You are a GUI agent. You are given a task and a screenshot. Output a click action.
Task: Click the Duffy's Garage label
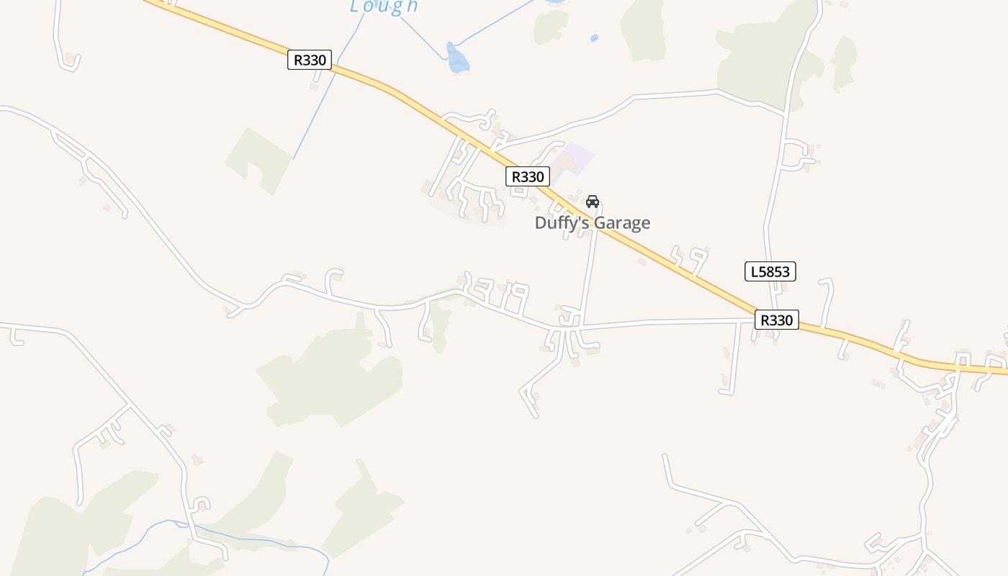(x=592, y=223)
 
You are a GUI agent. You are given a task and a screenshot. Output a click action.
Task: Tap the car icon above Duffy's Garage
(x=593, y=202)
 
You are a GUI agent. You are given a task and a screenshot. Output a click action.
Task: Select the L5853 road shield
(x=770, y=271)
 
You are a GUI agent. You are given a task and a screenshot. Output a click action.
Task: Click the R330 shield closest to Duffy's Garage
(x=527, y=176)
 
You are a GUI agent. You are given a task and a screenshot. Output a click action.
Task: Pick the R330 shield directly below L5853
(x=776, y=320)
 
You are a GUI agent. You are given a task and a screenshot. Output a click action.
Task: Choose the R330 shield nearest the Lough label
(x=310, y=60)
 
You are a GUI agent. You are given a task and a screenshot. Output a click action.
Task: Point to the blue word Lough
(x=384, y=6)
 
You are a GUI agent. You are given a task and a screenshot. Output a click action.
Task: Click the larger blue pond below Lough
(x=456, y=59)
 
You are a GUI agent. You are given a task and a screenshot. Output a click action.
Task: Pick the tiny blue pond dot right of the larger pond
(x=594, y=37)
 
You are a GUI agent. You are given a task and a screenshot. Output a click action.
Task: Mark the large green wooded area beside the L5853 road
(x=756, y=61)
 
